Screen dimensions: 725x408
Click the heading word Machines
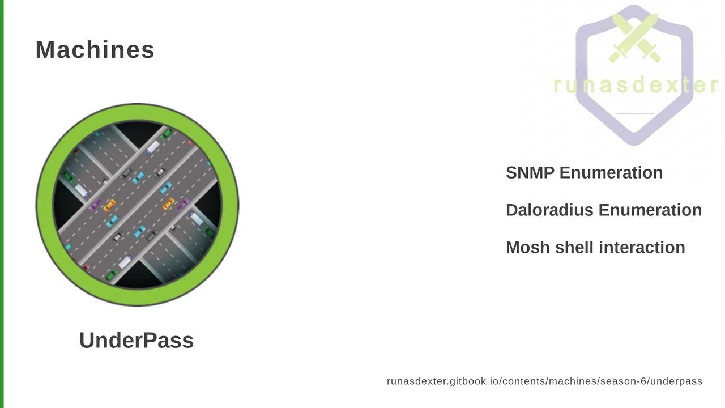click(x=95, y=50)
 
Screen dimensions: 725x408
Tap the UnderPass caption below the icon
click(x=137, y=341)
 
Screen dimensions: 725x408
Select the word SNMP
click(x=530, y=173)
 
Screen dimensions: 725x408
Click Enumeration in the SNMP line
click(x=611, y=173)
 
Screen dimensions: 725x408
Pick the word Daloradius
click(x=549, y=210)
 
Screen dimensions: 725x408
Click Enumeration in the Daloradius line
click(x=650, y=210)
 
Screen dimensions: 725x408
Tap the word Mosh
click(x=528, y=248)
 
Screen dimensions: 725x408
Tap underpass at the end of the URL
click(x=676, y=382)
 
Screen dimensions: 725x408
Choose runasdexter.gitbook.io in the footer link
click(x=443, y=382)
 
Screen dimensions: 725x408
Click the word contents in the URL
click(x=521, y=381)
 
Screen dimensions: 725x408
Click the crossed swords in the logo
click(x=635, y=38)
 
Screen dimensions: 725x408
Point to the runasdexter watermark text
click(x=636, y=86)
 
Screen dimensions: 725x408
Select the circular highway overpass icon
click(x=137, y=205)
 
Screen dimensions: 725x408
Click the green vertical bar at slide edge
click(x=2, y=204)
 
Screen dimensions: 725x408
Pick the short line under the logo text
click(x=635, y=114)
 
